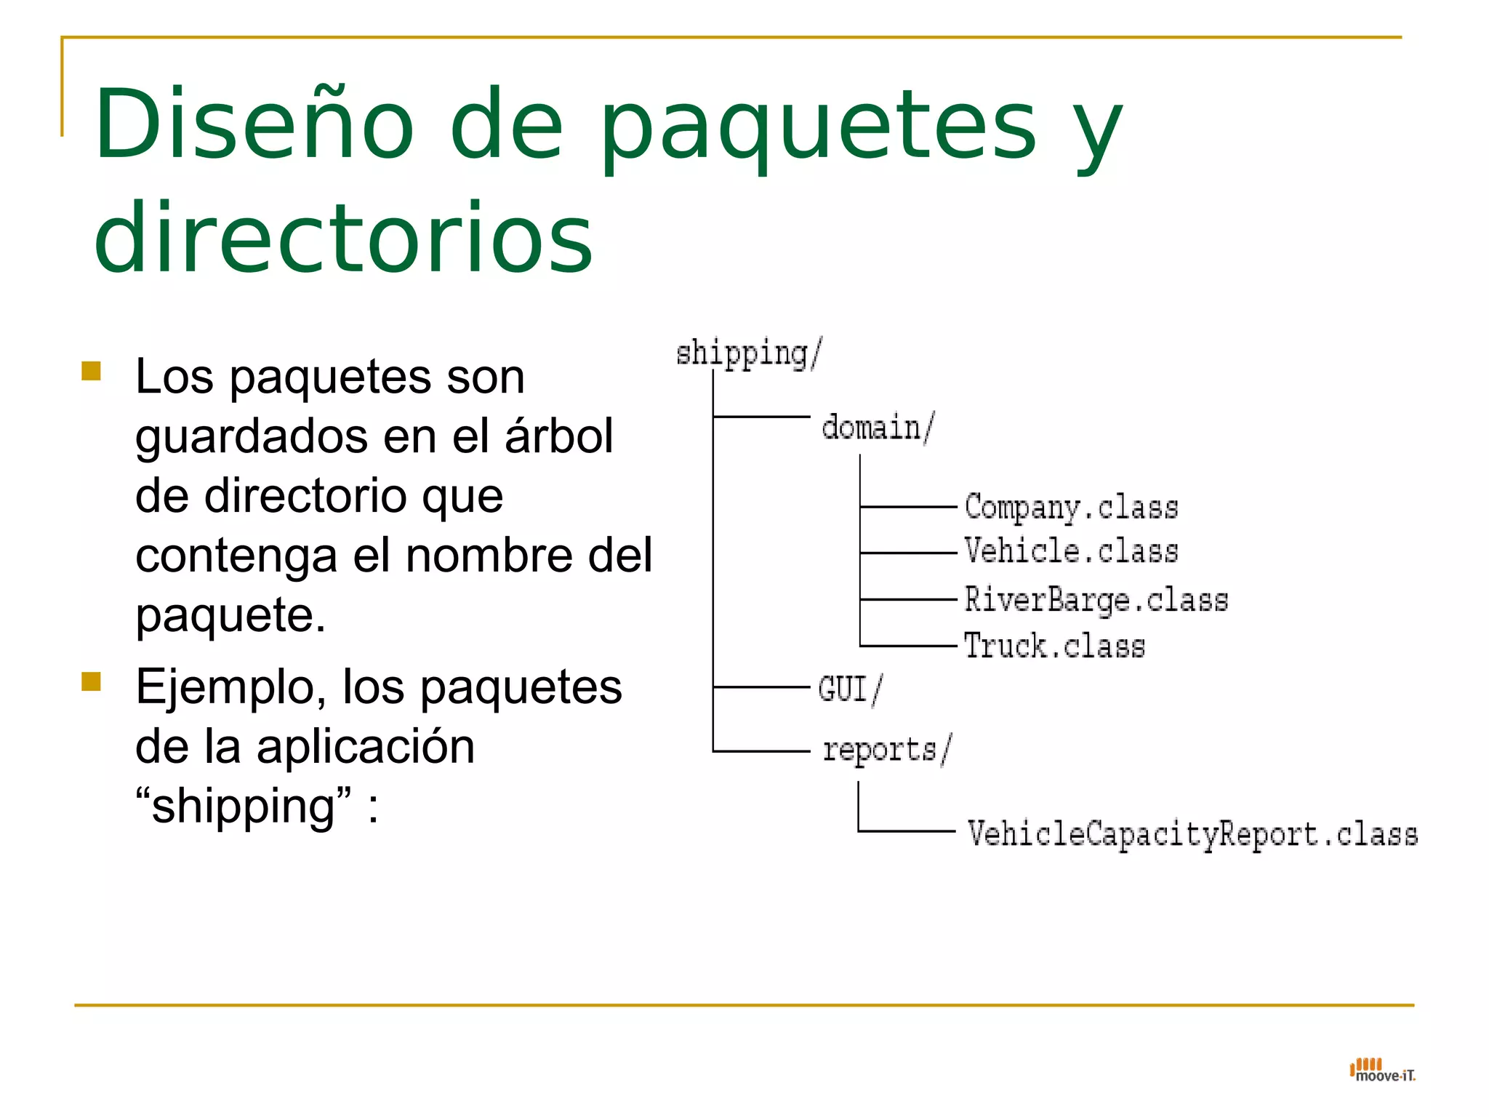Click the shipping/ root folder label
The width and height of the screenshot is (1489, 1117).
click(749, 353)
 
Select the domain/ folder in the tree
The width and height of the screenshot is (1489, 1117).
click(878, 427)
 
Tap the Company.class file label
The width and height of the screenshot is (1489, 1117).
click(1071, 507)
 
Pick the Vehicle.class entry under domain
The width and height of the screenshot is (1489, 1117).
click(1071, 551)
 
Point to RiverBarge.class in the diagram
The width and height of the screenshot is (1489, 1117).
click(1096, 600)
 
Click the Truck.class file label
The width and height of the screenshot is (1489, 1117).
click(1054, 646)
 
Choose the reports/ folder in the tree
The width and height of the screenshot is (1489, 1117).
click(886, 750)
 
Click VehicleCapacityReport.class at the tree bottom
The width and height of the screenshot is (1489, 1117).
click(1192, 833)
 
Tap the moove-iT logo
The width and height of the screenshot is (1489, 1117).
click(1382, 1070)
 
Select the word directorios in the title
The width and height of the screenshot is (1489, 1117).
click(344, 238)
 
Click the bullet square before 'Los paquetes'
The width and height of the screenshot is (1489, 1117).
click(91, 372)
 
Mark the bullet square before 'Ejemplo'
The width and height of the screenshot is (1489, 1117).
click(91, 681)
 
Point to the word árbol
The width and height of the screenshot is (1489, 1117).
click(559, 436)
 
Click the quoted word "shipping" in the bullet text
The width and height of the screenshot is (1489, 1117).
click(244, 806)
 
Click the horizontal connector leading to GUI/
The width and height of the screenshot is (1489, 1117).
click(761, 686)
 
